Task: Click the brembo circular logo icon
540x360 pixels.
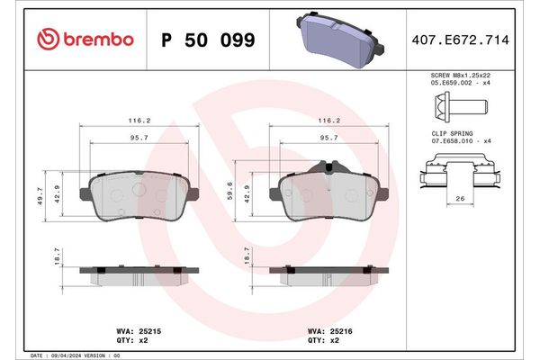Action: coord(48,39)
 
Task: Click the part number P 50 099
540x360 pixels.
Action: coord(207,40)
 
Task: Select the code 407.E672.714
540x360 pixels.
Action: coord(465,40)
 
